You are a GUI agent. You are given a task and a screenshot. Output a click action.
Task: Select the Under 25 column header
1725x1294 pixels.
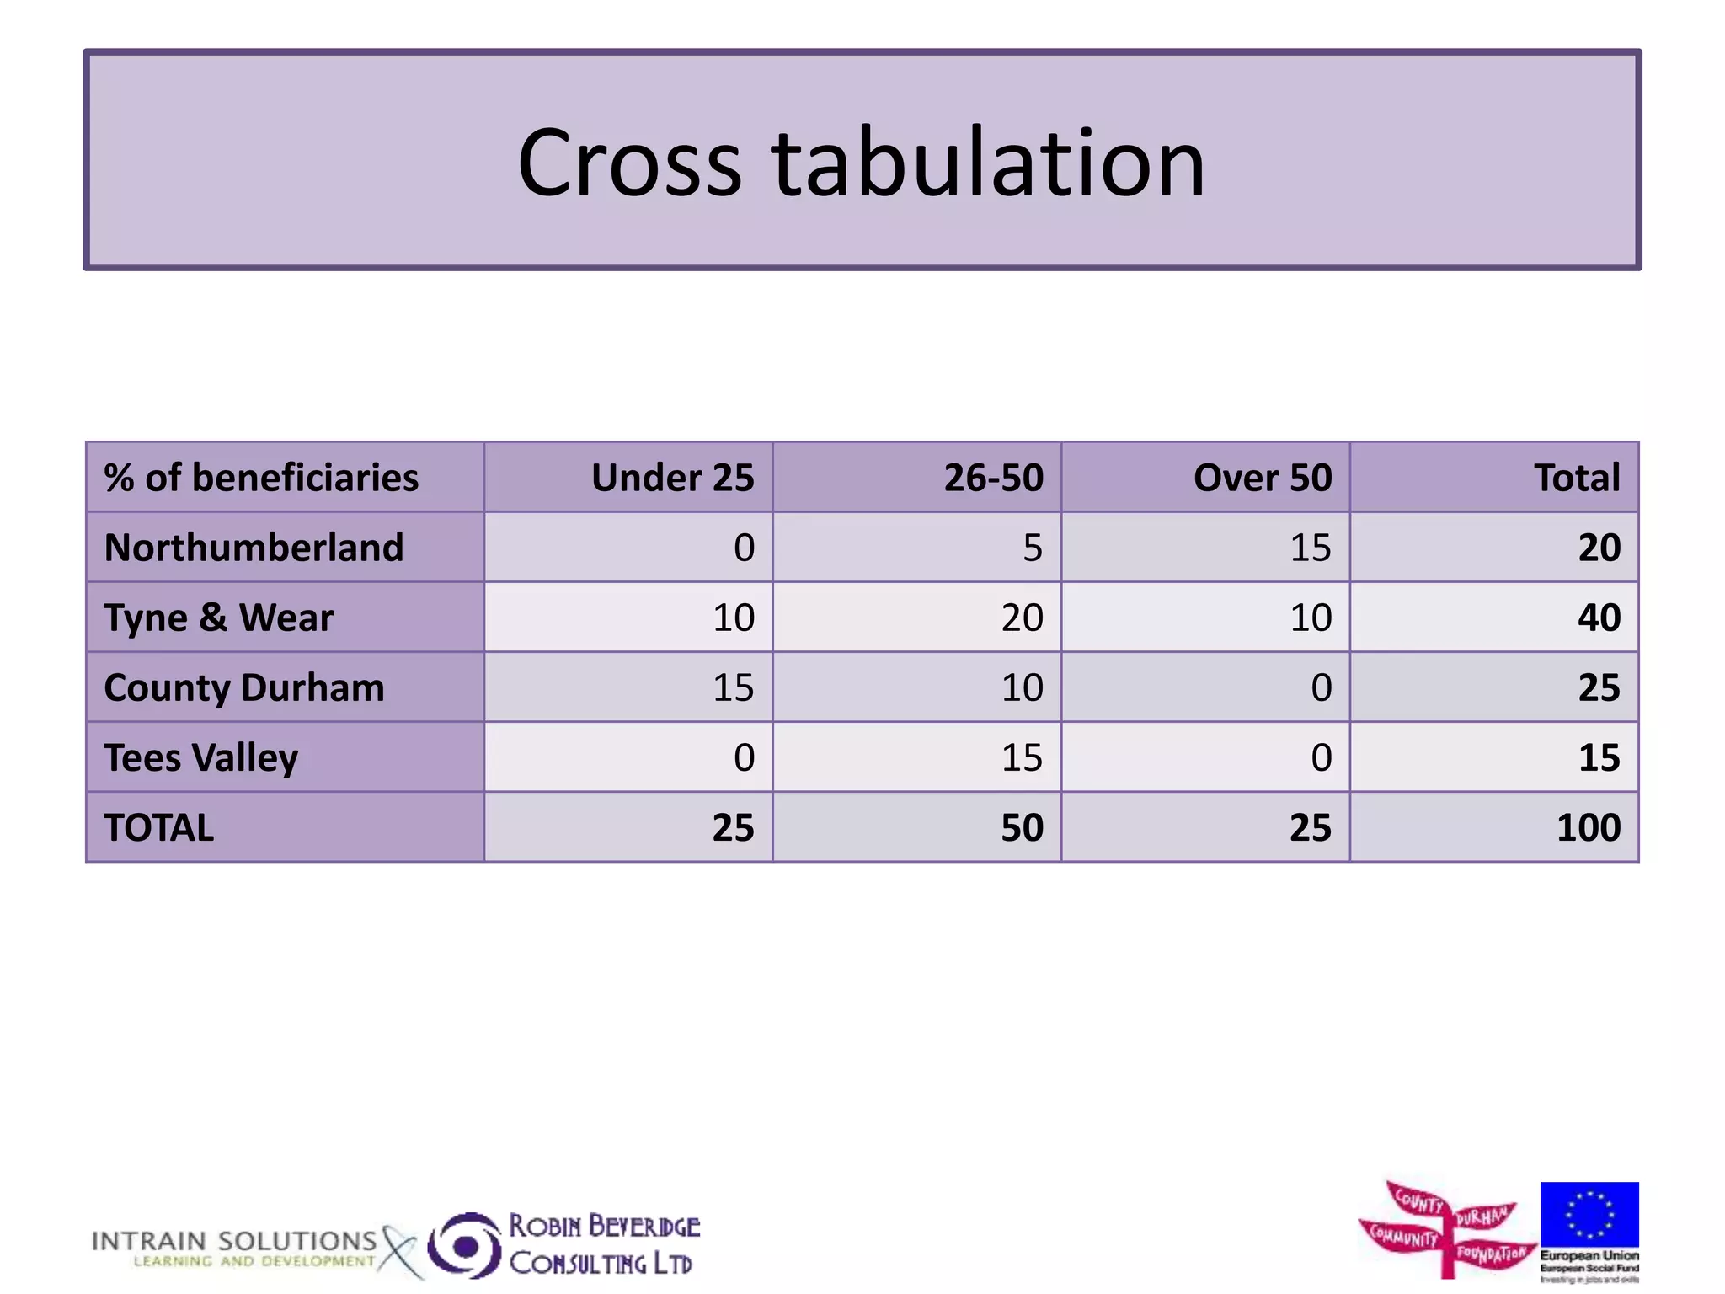click(672, 478)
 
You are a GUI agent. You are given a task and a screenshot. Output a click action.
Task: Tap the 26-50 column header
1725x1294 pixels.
click(993, 478)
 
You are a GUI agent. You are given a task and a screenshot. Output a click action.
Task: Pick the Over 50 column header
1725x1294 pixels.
click(1262, 478)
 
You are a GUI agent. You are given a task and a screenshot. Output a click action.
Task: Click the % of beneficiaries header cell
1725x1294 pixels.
click(261, 478)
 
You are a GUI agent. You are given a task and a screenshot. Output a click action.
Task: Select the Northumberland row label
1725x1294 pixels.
click(254, 548)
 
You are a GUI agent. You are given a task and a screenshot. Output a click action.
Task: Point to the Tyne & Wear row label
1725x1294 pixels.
click(219, 618)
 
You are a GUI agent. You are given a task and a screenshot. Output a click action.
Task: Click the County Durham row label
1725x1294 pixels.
click(244, 687)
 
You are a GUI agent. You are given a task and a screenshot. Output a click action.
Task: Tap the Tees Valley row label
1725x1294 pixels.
click(201, 757)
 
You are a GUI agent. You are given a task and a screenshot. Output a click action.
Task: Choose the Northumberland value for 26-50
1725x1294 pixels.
click(1032, 548)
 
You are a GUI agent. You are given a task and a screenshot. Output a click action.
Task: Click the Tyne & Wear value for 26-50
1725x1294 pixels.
click(1022, 618)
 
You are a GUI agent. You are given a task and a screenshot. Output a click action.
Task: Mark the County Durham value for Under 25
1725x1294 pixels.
click(733, 687)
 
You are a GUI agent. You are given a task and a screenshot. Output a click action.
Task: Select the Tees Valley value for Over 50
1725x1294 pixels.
click(1321, 757)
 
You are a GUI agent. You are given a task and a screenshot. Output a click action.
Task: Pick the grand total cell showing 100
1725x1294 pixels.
click(1588, 827)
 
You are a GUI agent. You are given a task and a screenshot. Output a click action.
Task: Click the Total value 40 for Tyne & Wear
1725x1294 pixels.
click(1599, 618)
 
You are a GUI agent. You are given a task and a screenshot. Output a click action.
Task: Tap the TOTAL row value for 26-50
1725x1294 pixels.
click(1022, 827)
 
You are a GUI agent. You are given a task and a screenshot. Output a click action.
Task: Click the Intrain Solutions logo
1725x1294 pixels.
click(236, 1248)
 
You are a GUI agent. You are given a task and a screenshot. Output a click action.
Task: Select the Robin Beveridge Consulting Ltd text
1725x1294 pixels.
click(603, 1244)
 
